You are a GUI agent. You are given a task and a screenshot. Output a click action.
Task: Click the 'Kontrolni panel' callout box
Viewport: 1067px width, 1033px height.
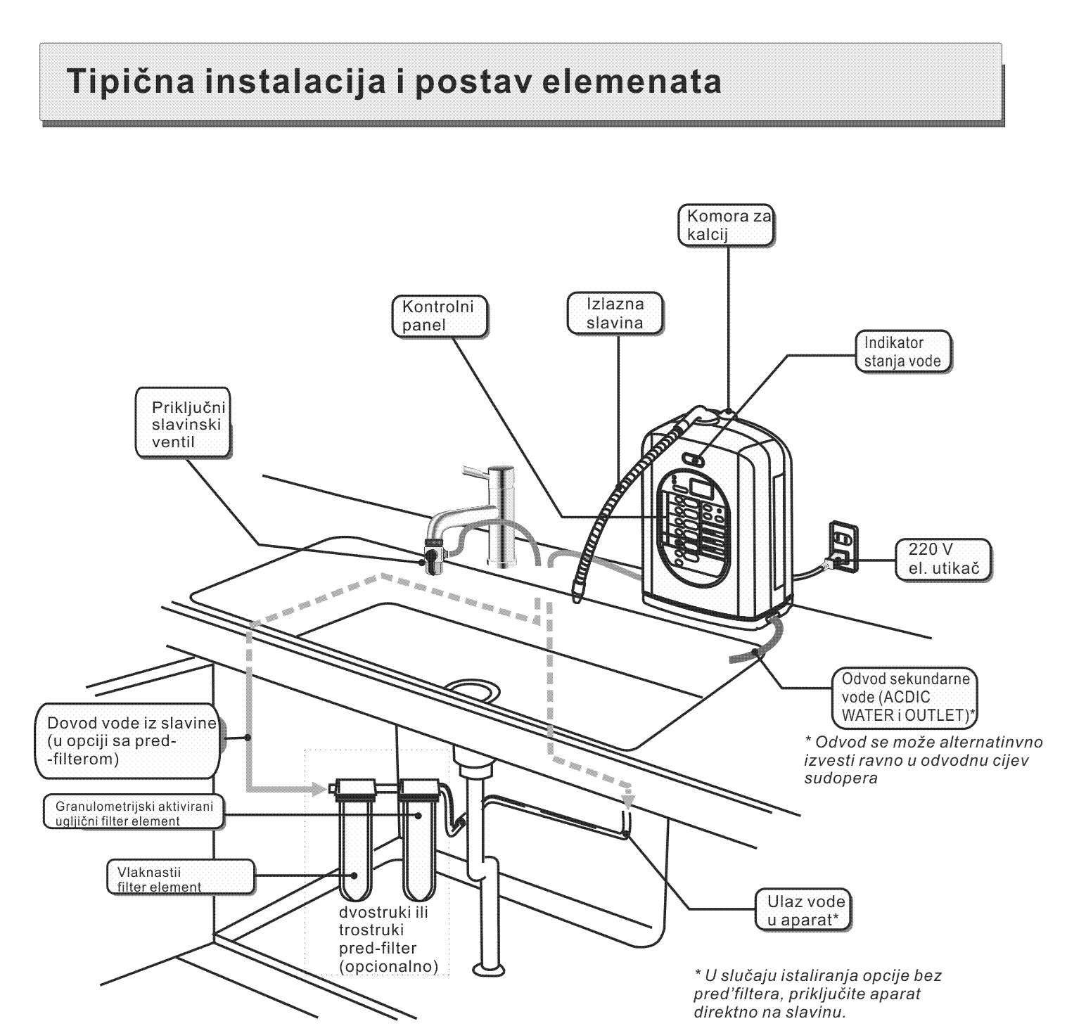click(439, 316)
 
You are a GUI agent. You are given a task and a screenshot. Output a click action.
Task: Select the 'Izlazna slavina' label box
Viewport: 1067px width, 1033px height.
click(615, 313)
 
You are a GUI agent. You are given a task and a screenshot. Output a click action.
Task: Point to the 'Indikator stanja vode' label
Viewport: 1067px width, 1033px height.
click(902, 352)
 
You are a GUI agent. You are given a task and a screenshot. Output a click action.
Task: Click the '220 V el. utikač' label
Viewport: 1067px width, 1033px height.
click(944, 559)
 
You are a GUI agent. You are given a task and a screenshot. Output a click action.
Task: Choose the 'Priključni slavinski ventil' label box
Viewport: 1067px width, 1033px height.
click(184, 425)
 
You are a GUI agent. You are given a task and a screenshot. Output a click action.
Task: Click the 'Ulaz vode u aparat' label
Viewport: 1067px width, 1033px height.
click(805, 911)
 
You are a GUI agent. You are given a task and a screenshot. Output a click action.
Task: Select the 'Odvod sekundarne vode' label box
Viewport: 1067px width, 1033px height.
click(905, 697)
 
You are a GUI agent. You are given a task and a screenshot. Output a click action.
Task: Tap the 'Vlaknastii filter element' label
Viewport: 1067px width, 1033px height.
click(180, 879)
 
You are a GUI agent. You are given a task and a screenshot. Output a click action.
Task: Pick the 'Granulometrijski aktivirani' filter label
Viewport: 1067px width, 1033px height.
click(128, 812)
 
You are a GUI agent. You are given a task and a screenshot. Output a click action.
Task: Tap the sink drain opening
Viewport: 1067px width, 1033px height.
click(472, 688)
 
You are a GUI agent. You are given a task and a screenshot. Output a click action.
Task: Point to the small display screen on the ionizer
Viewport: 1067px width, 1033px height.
click(699, 487)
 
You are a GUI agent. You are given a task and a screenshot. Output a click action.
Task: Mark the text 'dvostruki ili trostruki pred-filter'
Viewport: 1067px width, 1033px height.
click(388, 939)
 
